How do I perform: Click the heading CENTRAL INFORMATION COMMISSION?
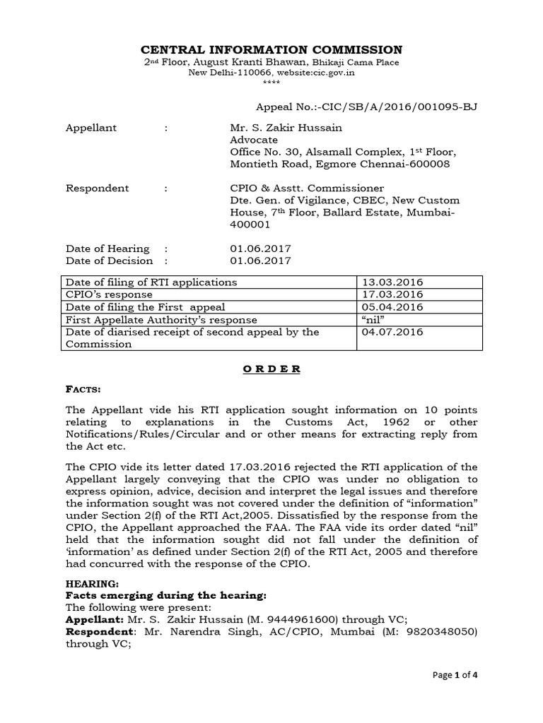pyautogui.click(x=272, y=49)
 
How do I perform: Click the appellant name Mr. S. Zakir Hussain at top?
pyautogui.click(x=281, y=128)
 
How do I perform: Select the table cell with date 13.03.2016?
pyautogui.click(x=392, y=282)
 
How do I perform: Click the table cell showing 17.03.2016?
pyautogui.click(x=392, y=294)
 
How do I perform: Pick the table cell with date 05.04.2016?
pyautogui.click(x=392, y=307)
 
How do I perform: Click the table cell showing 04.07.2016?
pyautogui.click(x=392, y=332)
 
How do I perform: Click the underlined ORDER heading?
pyautogui.click(x=271, y=369)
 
